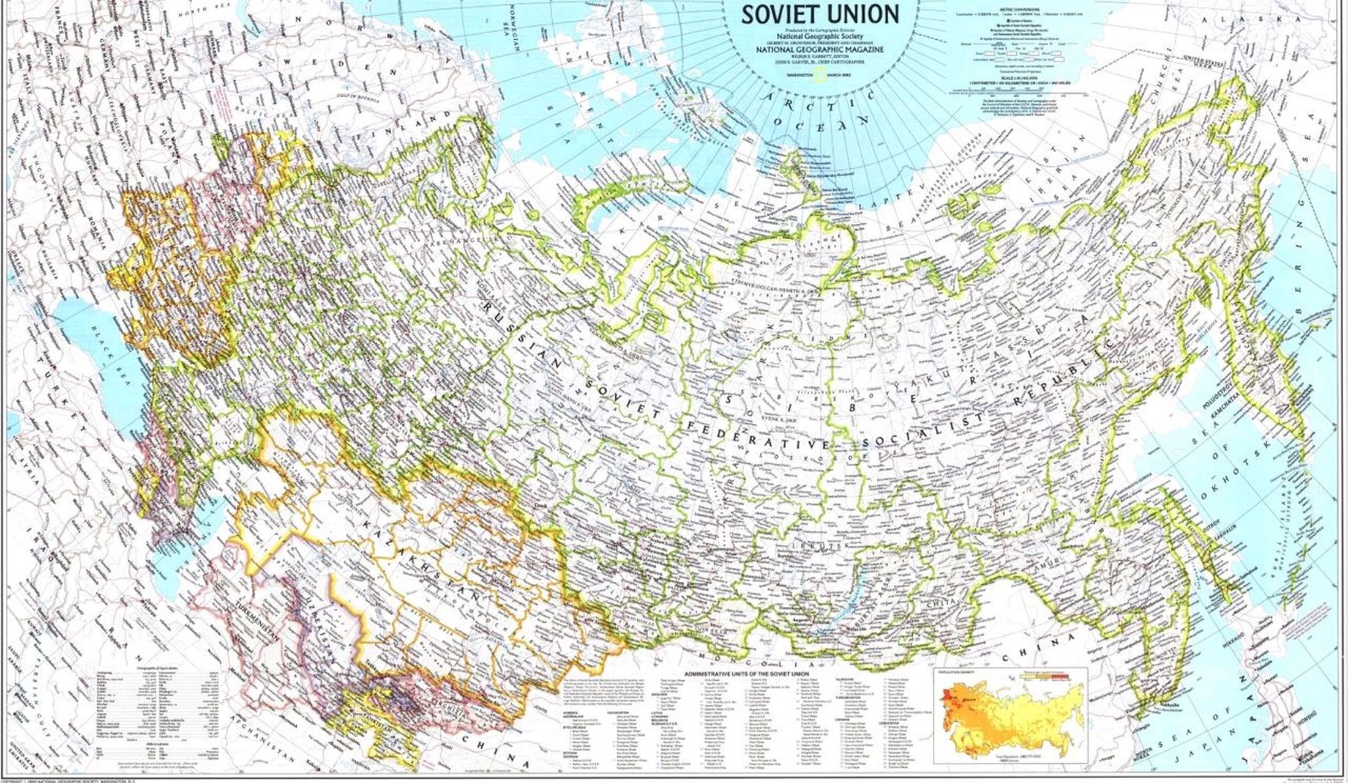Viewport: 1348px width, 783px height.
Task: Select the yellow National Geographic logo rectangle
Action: click(x=818, y=75)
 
